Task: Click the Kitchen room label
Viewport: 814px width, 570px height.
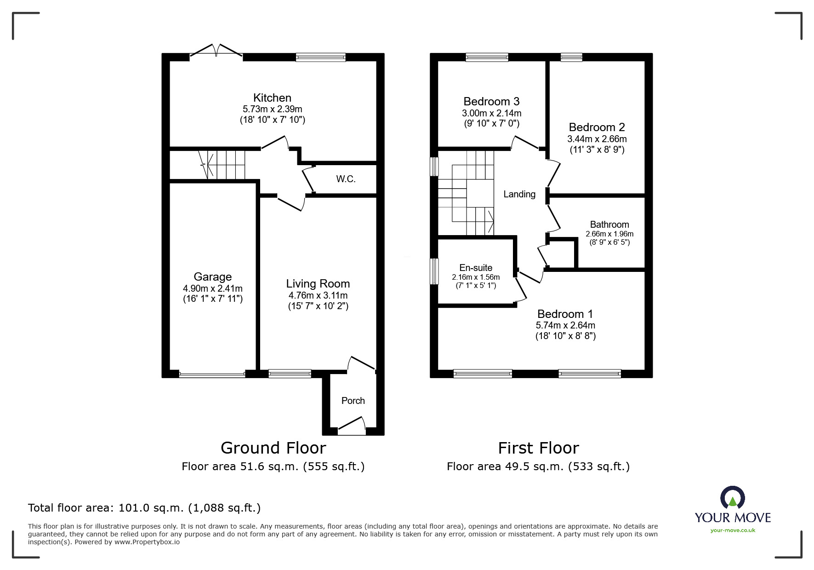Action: pos(272,98)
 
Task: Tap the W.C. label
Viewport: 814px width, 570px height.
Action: pos(346,179)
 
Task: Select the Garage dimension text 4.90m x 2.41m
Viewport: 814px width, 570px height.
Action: pos(213,288)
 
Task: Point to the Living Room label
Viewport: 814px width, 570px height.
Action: pos(318,284)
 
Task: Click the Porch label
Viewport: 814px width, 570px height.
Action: pos(353,401)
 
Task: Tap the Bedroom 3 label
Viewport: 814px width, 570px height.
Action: pos(491,102)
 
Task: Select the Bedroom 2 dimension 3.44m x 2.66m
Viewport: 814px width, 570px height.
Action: pos(597,139)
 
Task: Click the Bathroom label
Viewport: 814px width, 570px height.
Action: pos(609,225)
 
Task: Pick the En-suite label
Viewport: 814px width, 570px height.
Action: pos(476,268)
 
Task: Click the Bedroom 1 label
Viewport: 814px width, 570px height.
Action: pos(565,314)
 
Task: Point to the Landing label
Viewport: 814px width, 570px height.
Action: pos(519,194)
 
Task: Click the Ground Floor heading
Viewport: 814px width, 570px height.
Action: pos(273,448)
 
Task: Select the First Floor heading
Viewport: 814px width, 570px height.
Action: pos(539,448)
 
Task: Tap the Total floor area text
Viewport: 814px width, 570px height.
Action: pos(144,508)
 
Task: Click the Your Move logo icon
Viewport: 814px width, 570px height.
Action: pos(732,498)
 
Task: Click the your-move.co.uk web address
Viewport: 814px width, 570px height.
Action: pos(733,530)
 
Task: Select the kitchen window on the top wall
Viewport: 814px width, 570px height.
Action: pos(321,58)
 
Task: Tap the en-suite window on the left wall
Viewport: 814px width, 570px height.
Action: pos(434,271)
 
